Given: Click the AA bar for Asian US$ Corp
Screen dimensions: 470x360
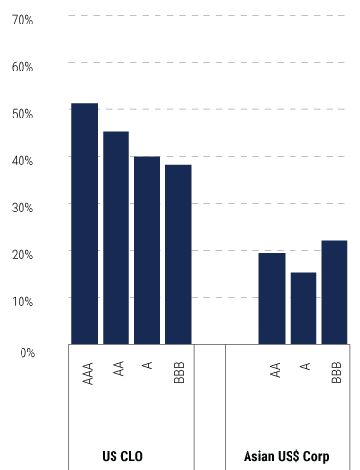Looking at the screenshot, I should point(272,298).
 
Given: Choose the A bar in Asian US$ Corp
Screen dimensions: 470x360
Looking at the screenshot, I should point(303,307).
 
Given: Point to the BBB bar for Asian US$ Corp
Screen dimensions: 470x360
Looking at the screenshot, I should point(335,292).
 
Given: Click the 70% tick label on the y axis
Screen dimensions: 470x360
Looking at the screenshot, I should point(22,20).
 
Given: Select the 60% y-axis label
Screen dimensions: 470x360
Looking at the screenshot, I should point(22,67).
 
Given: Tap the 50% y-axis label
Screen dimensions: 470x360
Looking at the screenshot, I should point(22,114).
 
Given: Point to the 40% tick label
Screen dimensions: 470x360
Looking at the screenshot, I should point(22,160).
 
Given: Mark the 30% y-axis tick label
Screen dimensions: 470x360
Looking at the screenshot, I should point(22,207).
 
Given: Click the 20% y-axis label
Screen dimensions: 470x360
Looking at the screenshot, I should point(22,254).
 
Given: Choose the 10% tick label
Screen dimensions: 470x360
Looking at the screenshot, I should point(22,301).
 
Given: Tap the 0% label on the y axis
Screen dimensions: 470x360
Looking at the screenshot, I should point(25,351).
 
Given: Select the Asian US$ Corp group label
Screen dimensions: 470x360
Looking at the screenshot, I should point(286,457).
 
